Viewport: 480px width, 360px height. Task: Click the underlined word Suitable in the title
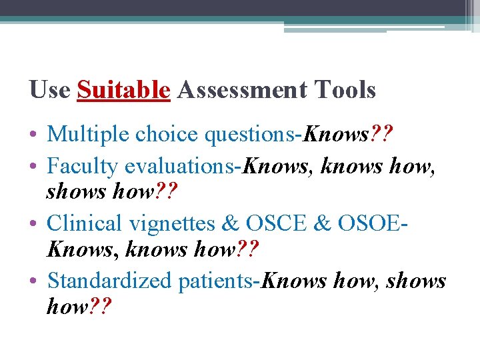click(x=123, y=90)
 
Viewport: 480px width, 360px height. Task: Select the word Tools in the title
click(x=345, y=90)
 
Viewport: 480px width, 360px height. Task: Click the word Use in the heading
click(x=50, y=90)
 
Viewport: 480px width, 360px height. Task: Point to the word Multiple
click(x=89, y=135)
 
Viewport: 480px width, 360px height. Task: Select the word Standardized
click(x=109, y=281)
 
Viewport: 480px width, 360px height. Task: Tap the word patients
click(x=217, y=281)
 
